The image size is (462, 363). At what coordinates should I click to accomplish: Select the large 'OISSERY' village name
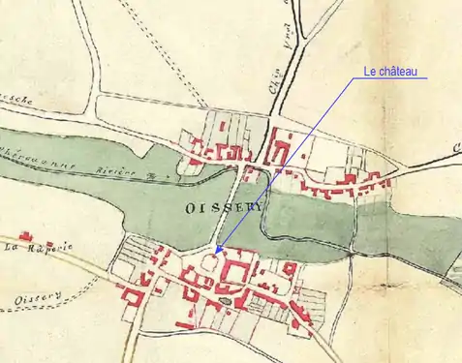(215, 208)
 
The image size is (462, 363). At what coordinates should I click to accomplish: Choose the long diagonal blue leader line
(291, 166)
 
